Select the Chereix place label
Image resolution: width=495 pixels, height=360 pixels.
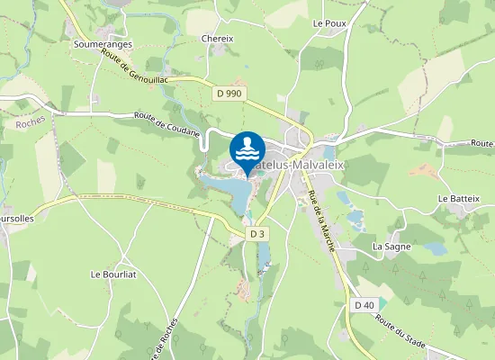point(218,39)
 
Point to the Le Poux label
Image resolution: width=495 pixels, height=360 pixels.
point(329,22)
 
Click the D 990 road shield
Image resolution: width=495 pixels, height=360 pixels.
point(229,93)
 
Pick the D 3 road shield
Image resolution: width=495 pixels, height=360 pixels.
point(258,234)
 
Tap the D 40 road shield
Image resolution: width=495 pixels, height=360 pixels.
point(364,305)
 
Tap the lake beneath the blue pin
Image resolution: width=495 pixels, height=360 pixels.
point(229,189)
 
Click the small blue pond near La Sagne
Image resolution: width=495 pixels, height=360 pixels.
point(435,247)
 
